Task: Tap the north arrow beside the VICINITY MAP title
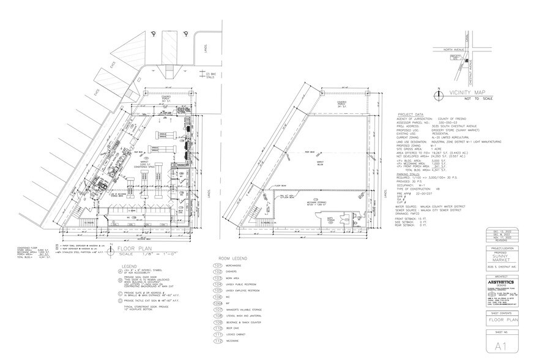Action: pyautogui.click(x=438, y=94)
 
